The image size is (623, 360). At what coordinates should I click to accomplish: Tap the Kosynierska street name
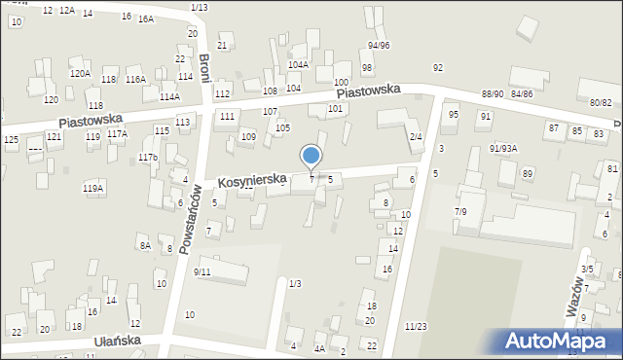point(251,180)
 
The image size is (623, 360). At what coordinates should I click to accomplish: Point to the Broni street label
point(204,68)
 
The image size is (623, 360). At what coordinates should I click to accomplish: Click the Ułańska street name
point(118,341)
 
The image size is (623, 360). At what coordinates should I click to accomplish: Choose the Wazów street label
point(575,295)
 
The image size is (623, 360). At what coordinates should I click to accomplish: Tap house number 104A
point(298,65)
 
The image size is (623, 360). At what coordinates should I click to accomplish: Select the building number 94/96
point(379,46)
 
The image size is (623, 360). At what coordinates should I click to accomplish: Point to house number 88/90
point(493,93)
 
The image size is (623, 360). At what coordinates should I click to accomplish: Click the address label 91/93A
point(503,148)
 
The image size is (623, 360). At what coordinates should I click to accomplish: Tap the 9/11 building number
point(202,272)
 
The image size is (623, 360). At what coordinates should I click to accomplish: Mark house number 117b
point(148,157)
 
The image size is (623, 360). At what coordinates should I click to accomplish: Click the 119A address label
point(93,188)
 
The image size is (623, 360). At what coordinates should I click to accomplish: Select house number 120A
point(80,73)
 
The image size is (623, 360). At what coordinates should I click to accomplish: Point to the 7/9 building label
point(461,210)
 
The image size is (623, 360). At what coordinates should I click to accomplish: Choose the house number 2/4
point(416,136)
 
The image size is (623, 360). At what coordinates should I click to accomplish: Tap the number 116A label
point(135,80)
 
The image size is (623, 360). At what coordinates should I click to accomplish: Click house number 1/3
point(295,283)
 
